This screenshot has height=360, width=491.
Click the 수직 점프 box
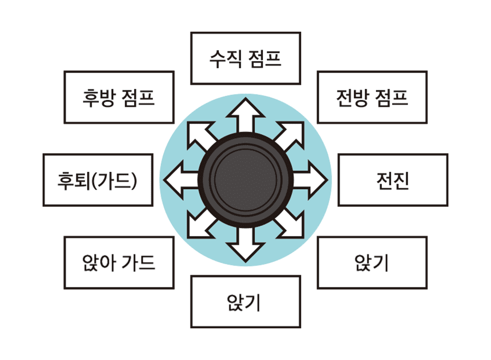[x=245, y=58]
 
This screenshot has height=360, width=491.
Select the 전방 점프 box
[x=372, y=97]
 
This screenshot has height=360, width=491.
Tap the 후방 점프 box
[x=119, y=97]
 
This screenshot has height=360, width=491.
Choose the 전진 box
[x=393, y=180]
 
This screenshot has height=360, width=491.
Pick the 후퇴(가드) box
[x=98, y=180]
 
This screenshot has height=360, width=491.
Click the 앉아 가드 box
[x=119, y=263]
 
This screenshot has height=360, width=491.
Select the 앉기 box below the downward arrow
[x=245, y=302]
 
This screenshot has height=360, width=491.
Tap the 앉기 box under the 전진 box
[x=372, y=263]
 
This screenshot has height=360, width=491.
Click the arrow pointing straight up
[x=245, y=115]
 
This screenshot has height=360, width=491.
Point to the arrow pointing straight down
[x=245, y=245]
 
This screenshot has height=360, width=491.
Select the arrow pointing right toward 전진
[x=310, y=180]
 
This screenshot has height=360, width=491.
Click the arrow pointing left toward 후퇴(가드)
[x=182, y=180]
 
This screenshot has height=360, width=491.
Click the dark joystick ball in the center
[x=245, y=180]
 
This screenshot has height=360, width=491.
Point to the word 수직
[x=225, y=58]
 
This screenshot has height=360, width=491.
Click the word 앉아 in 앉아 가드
[x=99, y=262]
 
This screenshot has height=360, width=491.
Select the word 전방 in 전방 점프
[x=352, y=98]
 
